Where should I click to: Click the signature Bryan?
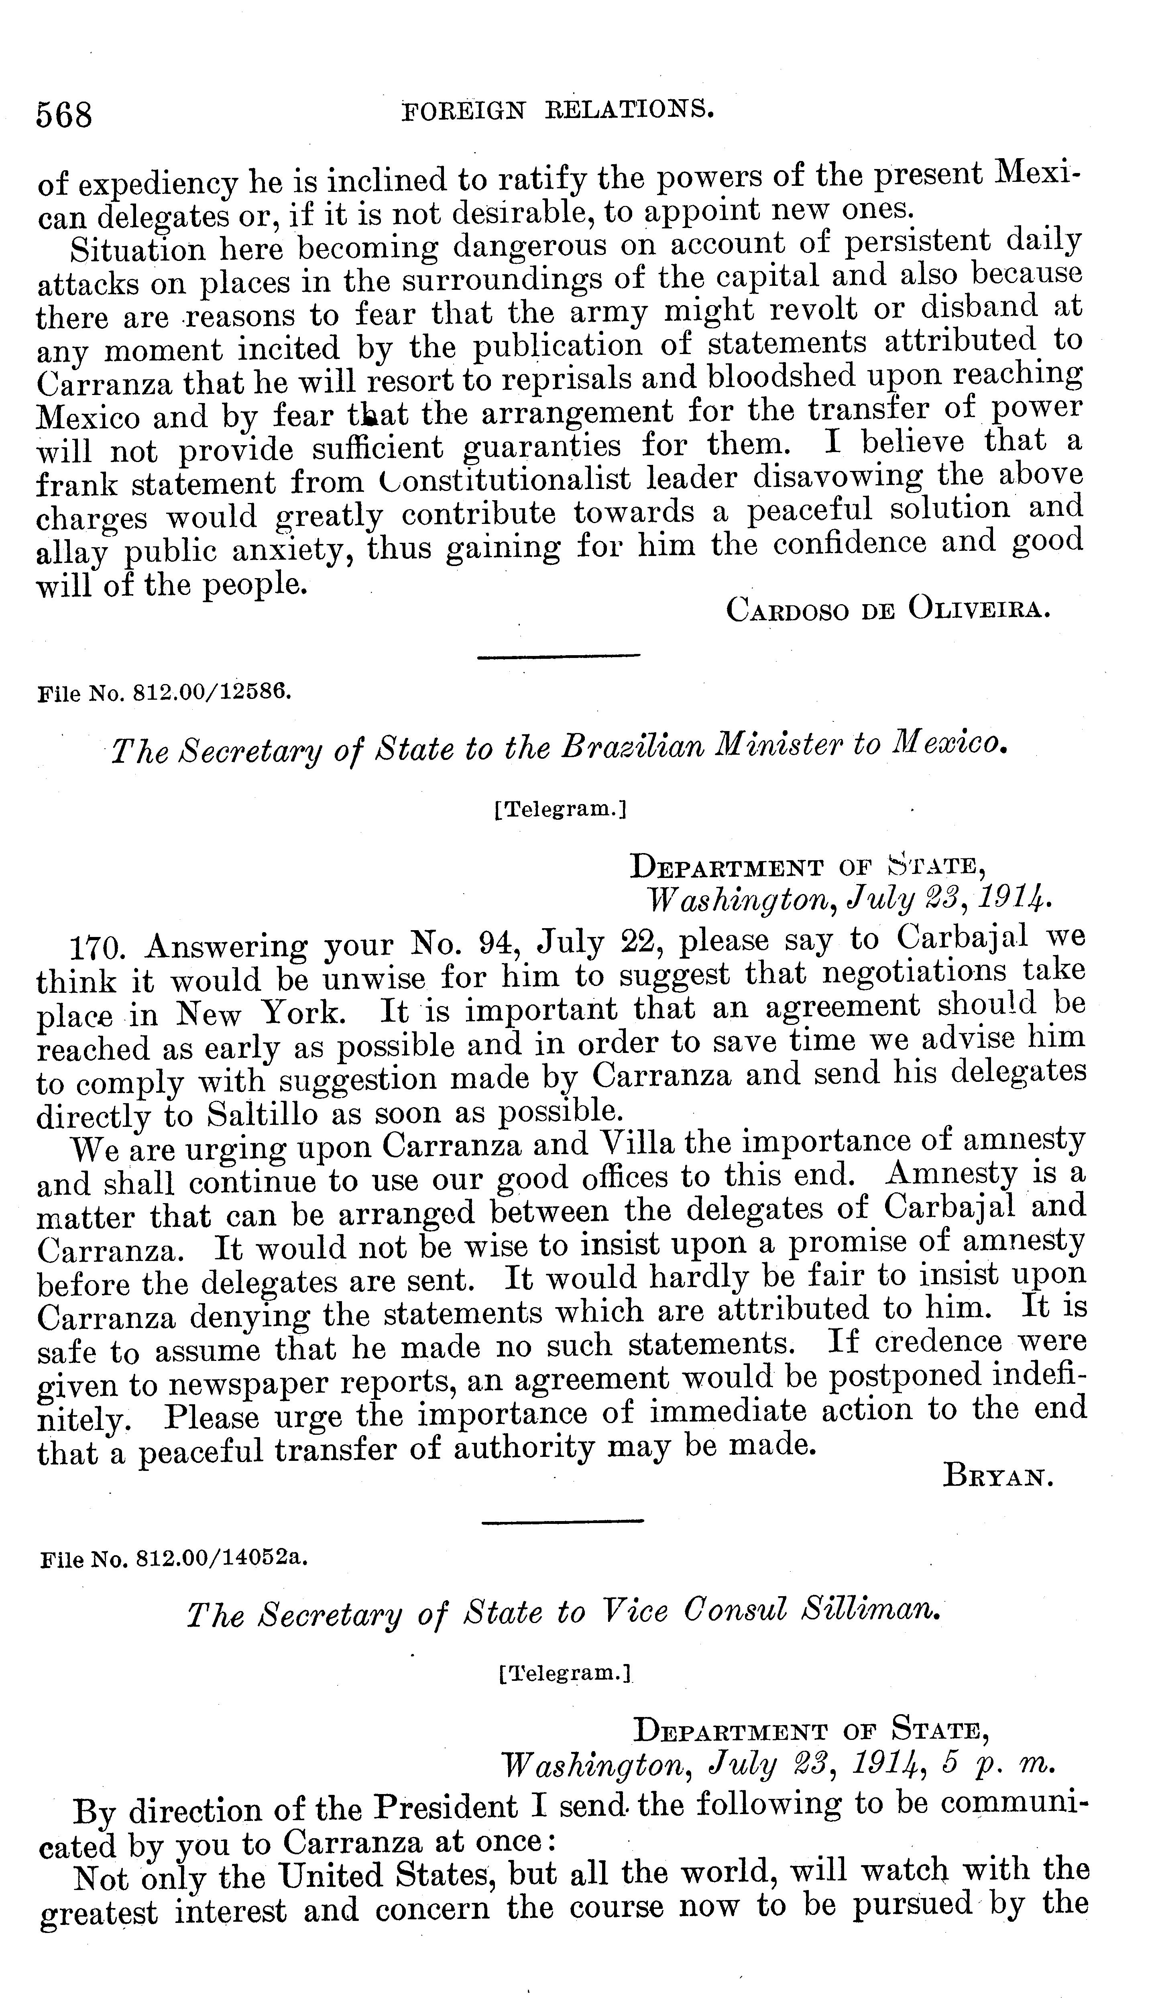click(997, 1475)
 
